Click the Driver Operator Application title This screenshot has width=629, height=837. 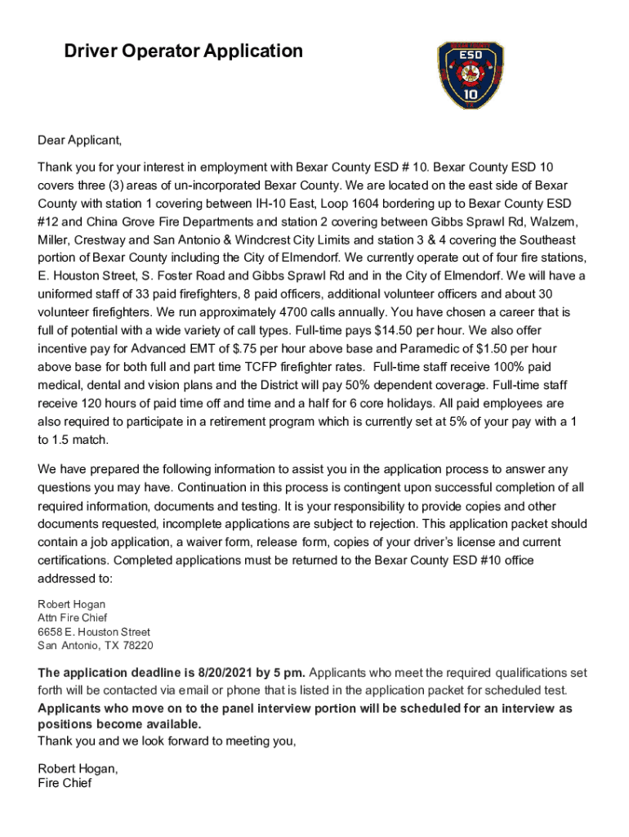184,51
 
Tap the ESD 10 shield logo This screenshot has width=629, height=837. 471,76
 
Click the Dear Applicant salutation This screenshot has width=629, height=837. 79,140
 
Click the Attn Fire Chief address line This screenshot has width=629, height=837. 73,618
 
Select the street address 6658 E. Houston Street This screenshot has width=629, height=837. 94,632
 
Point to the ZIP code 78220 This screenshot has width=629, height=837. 136,646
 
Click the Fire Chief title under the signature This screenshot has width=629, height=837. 65,783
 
